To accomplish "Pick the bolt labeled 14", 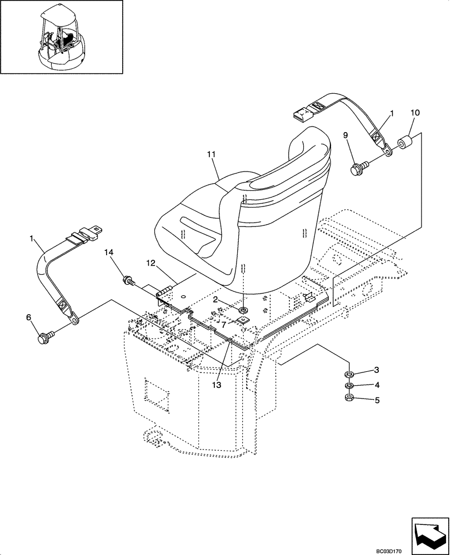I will coord(128,281).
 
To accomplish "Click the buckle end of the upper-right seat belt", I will coord(303,114).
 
